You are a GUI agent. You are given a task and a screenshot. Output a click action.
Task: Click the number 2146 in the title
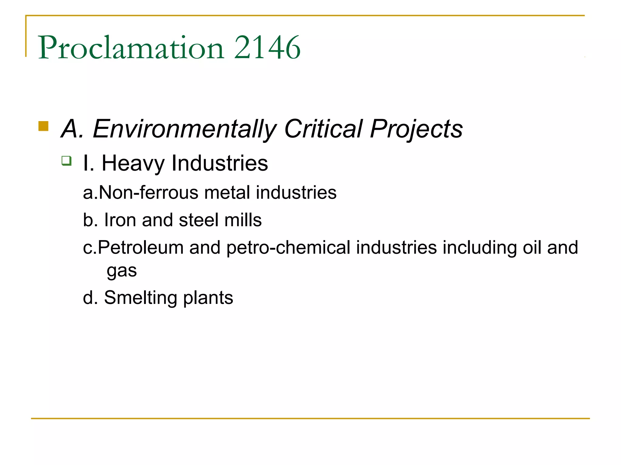point(267,48)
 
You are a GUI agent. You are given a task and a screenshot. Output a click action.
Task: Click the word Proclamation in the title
point(131,48)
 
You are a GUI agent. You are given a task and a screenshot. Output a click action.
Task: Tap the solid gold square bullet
point(43,126)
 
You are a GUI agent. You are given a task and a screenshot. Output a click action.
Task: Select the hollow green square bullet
point(66,160)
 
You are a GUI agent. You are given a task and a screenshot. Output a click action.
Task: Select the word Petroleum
point(141,247)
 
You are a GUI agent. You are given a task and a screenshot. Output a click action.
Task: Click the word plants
point(208,298)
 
